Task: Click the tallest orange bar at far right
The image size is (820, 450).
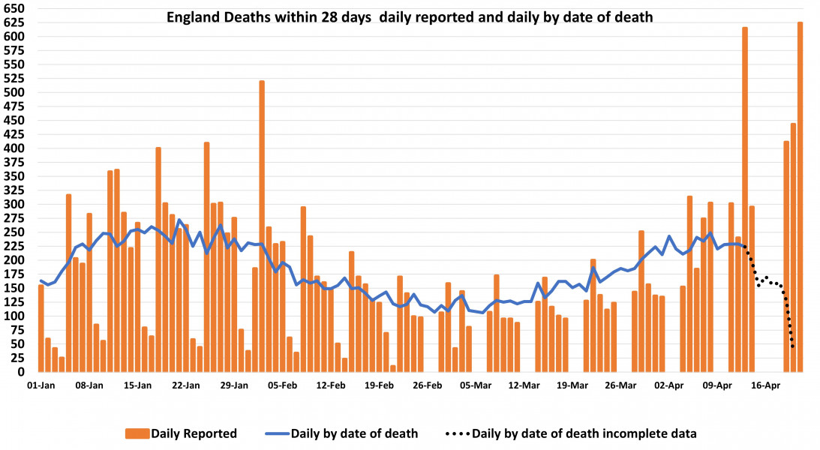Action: [800, 195]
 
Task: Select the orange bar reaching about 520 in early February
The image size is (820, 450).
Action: [262, 225]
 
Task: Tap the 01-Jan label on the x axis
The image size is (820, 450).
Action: [41, 385]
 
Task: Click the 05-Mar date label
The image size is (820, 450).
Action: [476, 385]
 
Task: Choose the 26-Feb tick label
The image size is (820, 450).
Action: [427, 385]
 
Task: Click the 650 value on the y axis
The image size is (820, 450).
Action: [15, 8]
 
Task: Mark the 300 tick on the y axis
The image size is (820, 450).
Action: [15, 204]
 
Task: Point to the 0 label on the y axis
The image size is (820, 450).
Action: [22, 372]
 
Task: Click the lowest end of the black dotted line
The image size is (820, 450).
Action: [793, 346]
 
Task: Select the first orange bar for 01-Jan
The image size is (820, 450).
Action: [41, 328]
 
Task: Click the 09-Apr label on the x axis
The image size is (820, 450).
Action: [717, 385]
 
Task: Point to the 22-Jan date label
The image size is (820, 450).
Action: [185, 385]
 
